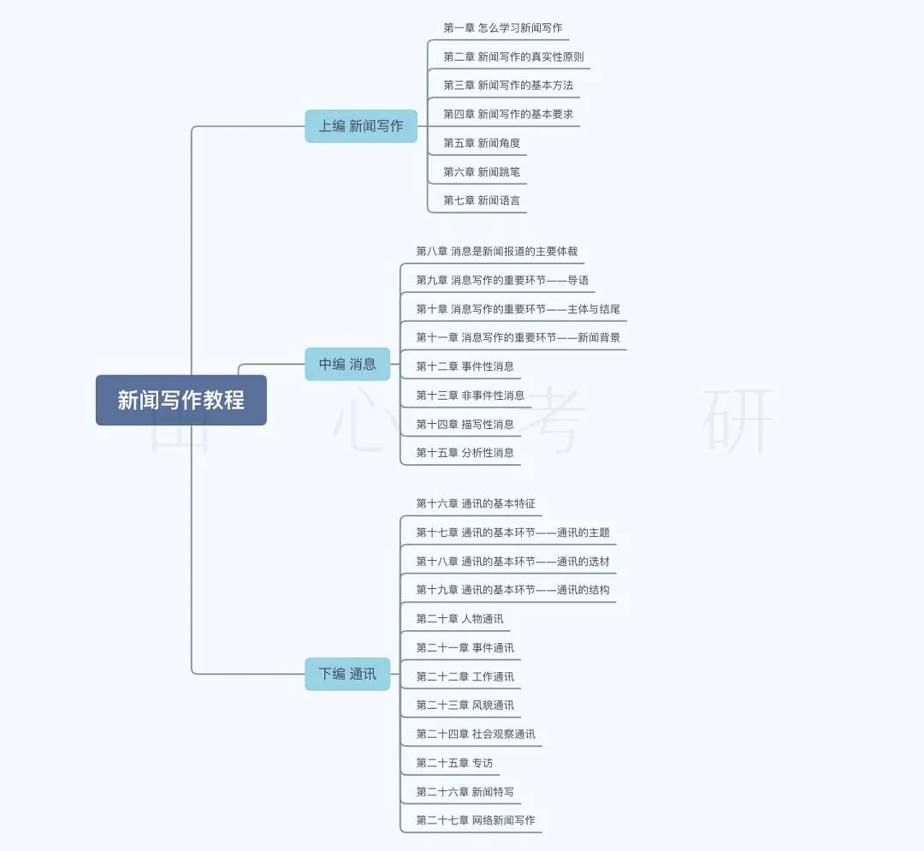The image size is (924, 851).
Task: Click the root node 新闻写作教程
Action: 181,400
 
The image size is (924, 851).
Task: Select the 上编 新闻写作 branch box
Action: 361,126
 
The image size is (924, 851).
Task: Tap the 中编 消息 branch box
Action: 347,364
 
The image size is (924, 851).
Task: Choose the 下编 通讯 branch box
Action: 347,674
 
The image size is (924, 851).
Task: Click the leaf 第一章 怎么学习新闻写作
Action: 502,28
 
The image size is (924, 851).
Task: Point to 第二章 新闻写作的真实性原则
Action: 513,57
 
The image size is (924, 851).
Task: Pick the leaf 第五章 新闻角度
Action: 482,143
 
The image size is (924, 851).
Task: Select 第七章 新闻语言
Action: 482,200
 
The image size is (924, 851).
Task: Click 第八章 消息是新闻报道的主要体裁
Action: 496,251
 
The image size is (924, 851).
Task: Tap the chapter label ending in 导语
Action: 502,280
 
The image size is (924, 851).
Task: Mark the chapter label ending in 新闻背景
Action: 518,337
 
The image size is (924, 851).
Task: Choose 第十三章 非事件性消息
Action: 471,395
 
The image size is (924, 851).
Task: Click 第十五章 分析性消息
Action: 465,452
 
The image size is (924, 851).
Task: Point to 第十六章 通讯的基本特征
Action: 476,503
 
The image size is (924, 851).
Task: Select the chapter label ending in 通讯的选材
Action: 512,562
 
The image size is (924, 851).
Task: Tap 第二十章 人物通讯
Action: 459,619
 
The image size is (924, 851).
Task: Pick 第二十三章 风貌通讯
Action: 465,705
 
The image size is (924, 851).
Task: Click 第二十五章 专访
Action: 454,763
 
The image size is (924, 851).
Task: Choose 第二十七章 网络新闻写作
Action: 476,820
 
